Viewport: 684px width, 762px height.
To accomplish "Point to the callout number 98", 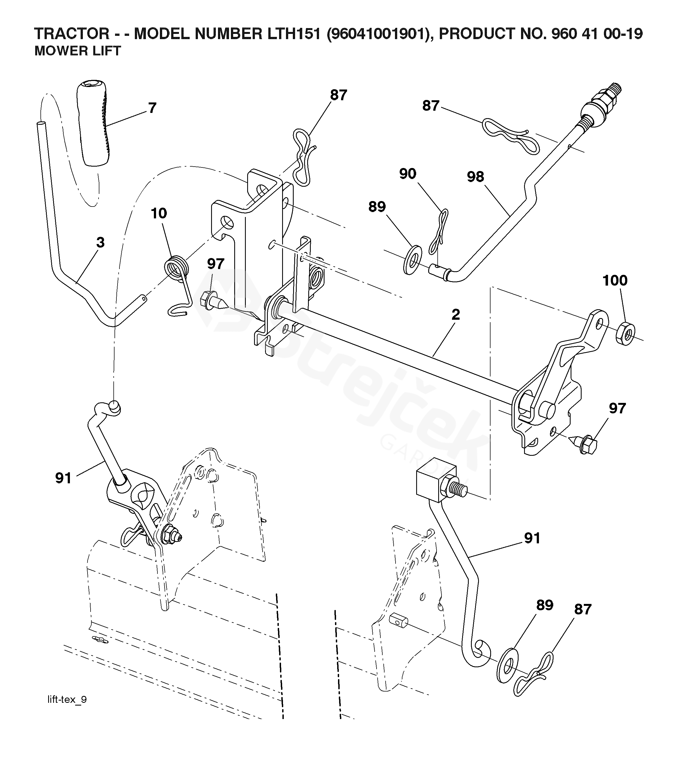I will pos(475,177).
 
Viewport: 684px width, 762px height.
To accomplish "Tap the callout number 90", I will pos(407,174).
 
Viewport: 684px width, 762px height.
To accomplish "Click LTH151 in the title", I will pos(294,34).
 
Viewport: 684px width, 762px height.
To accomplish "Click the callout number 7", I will pos(152,108).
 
